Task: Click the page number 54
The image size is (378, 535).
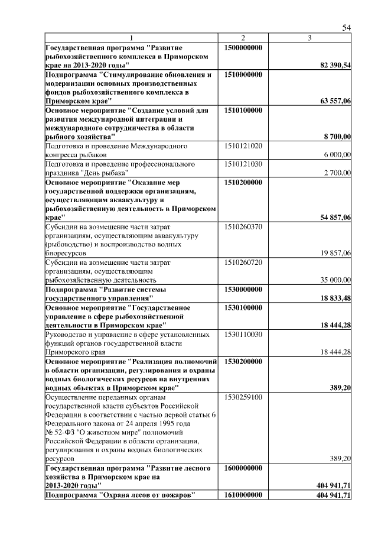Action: (347, 28)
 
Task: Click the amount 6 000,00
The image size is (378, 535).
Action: (337, 154)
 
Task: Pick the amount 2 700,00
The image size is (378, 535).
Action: (337, 173)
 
